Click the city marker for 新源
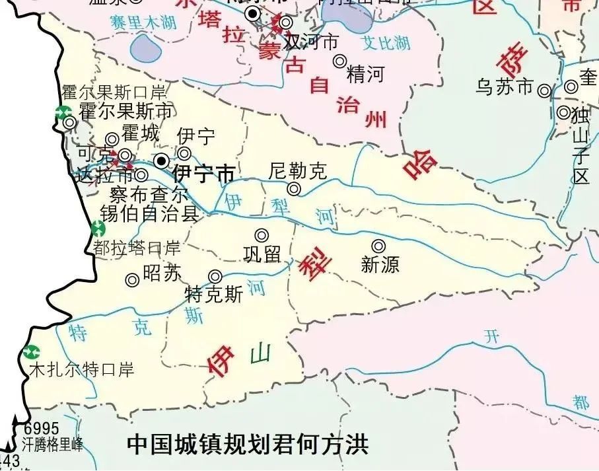pyautogui.click(x=378, y=246)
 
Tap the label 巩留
pyautogui.click(x=262, y=254)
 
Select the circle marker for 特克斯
pyautogui.click(x=215, y=276)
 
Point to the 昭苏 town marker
pyautogui.click(x=132, y=280)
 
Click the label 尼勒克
pyautogui.click(x=298, y=172)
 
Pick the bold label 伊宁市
pyautogui.click(x=203, y=175)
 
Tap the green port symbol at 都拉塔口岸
pyautogui.click(x=98, y=229)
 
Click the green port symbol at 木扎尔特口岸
pyautogui.click(x=30, y=352)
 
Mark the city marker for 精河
pyautogui.click(x=339, y=61)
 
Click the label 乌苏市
pyautogui.click(x=505, y=88)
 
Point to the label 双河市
pyautogui.click(x=310, y=42)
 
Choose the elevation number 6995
pyautogui.click(x=42, y=429)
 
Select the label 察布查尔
pyautogui.click(x=149, y=195)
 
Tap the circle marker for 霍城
pyautogui.click(x=112, y=139)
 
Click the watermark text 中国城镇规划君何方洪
pyautogui.click(x=247, y=443)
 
